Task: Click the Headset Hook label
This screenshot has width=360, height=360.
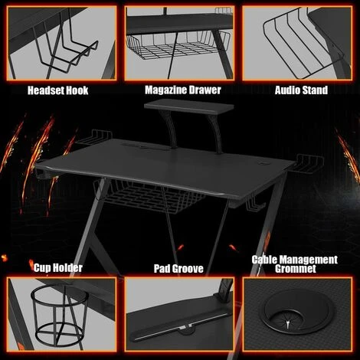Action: click(x=57, y=90)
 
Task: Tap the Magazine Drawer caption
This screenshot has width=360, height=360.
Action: click(x=182, y=90)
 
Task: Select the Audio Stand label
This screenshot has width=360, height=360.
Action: click(x=301, y=90)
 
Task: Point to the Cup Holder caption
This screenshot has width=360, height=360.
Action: click(x=57, y=267)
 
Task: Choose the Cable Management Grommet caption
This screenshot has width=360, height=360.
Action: click(x=295, y=265)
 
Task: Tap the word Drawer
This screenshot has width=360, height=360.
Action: click(x=202, y=90)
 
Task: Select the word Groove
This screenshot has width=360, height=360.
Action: click(x=191, y=269)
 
